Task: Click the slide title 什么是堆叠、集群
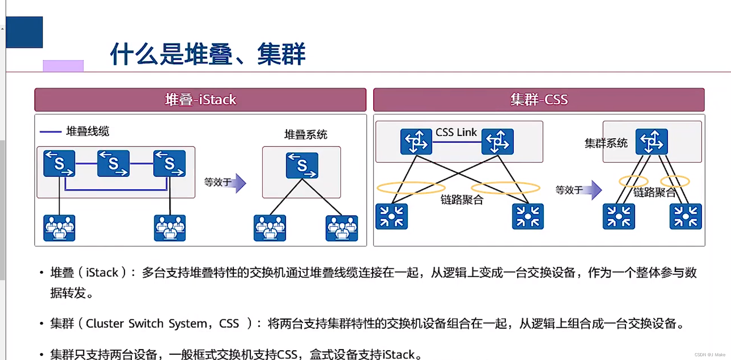(x=208, y=54)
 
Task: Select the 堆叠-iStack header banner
(x=200, y=100)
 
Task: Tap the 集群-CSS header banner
(x=539, y=100)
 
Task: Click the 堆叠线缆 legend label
(x=87, y=131)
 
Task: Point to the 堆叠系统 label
(x=306, y=135)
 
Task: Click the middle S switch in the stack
(x=113, y=163)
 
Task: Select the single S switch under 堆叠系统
(x=302, y=165)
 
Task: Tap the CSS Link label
(x=456, y=132)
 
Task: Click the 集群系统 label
(x=605, y=143)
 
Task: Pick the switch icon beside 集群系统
(x=651, y=142)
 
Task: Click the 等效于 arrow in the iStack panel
(x=225, y=183)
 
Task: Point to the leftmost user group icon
(x=59, y=228)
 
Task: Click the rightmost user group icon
(x=341, y=228)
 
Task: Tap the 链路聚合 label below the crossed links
(x=462, y=200)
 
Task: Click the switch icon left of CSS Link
(x=416, y=142)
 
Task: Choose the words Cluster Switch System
(x=146, y=324)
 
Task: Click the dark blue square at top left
(x=25, y=32)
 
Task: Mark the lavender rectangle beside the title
(x=63, y=65)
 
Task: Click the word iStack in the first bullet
(x=102, y=273)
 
